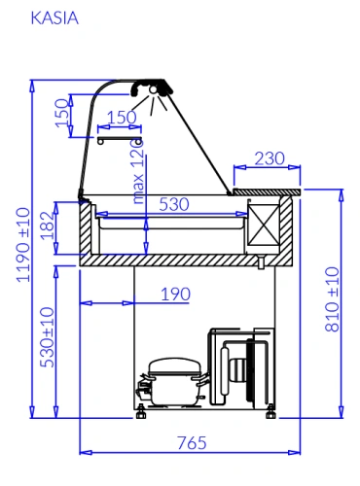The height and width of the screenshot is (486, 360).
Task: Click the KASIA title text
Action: pyautogui.click(x=54, y=18)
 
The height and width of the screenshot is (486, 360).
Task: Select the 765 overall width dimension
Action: pyautogui.click(x=192, y=443)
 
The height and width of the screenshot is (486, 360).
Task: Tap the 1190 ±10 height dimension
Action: pyautogui.click(x=23, y=245)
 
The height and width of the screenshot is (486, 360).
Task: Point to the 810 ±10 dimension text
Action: pyautogui.click(x=332, y=299)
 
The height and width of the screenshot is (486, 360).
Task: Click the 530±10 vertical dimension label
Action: pyautogui.click(x=48, y=337)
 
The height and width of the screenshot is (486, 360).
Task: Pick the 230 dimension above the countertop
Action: pyautogui.click(x=270, y=158)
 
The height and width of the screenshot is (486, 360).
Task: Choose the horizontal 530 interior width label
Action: pyautogui.click(x=174, y=204)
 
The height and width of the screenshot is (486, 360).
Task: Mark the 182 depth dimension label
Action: pyautogui.click(x=48, y=226)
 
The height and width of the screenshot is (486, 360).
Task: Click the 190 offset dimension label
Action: pyautogui.click(x=175, y=295)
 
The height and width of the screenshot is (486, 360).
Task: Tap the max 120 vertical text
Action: pyautogui.click(x=138, y=172)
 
